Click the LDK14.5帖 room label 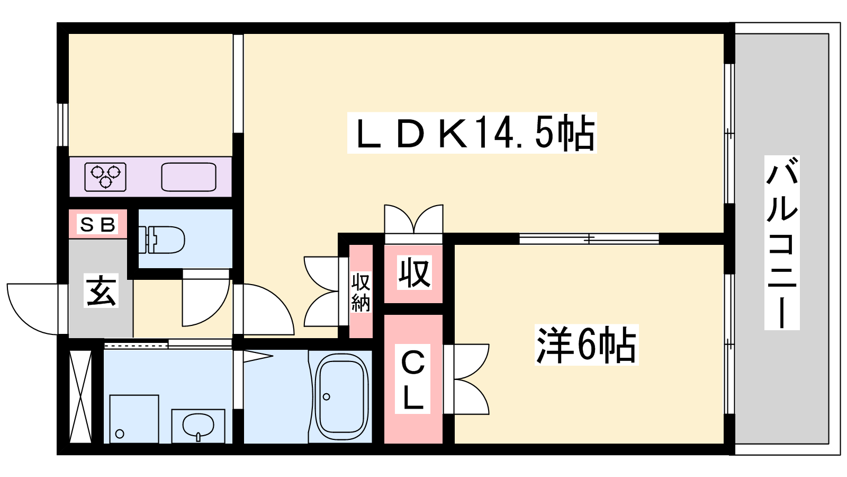[472, 133]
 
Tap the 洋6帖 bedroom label [587, 344]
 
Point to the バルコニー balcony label [782, 242]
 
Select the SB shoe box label [98, 225]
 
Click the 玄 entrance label [101, 290]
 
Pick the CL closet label [412, 378]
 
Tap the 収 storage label [414, 272]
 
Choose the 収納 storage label [361, 292]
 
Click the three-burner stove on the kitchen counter [105, 177]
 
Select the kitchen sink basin [188, 177]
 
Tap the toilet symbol [161, 240]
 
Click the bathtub [342, 396]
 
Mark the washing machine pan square [134, 419]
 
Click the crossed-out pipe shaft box [81, 397]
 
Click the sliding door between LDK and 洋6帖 [589, 238]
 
